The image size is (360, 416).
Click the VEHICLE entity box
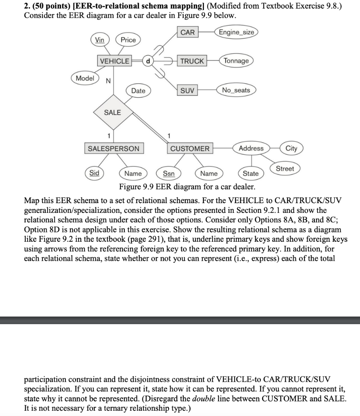(x=115, y=61)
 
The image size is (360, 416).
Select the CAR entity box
(x=187, y=32)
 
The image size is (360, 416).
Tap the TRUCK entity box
(x=192, y=61)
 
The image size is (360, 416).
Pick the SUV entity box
(x=188, y=90)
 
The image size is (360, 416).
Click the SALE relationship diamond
(x=113, y=113)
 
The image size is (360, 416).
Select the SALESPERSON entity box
(x=113, y=149)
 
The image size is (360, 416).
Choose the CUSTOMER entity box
(x=190, y=149)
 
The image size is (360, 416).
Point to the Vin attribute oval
(x=100, y=39)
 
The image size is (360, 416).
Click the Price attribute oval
(x=128, y=40)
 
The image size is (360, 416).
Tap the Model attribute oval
(x=85, y=78)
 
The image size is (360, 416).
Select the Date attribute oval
(x=138, y=91)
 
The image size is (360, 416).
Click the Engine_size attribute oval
(x=236, y=32)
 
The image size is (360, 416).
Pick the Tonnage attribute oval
(x=236, y=61)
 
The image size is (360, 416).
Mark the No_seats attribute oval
(x=236, y=90)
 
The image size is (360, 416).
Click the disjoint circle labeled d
(x=148, y=61)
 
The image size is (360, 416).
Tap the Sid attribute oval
(x=94, y=173)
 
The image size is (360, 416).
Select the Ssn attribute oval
(x=169, y=173)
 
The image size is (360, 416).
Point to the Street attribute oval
(x=285, y=168)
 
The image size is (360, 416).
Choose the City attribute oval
(x=291, y=148)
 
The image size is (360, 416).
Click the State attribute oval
(x=250, y=173)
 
